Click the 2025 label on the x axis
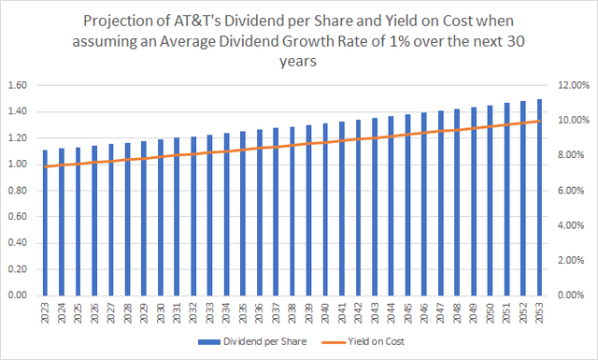tap(78, 311)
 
